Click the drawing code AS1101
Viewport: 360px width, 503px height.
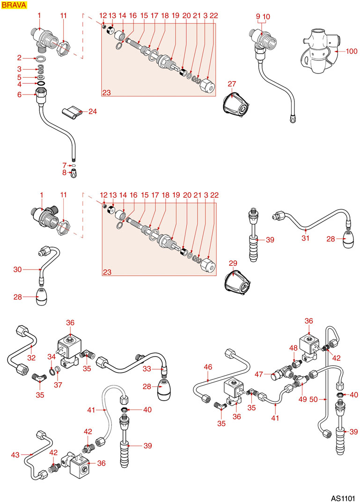pos(342,495)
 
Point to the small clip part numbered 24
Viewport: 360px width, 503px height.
pos(71,112)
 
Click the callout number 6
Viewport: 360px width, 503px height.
pos(20,95)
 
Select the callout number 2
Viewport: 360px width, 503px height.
pos(20,58)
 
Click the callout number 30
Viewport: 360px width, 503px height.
pos(18,269)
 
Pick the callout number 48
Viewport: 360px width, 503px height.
pos(294,348)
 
